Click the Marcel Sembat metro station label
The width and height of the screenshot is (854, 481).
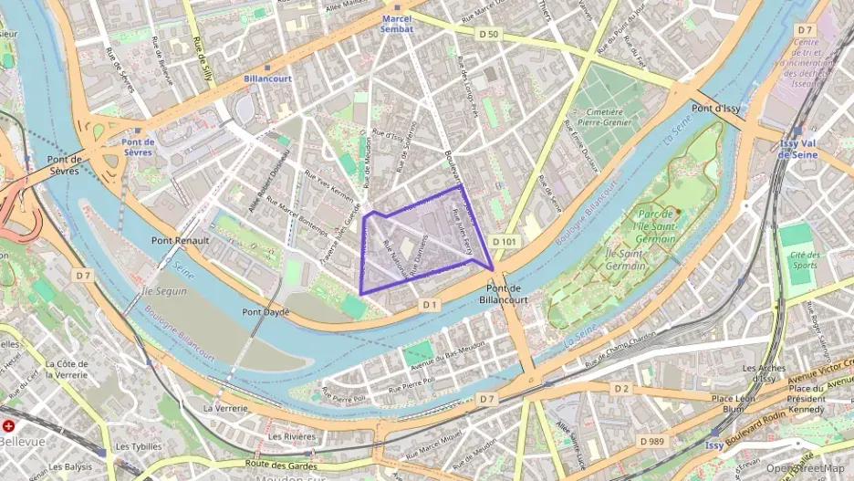click(x=397, y=24)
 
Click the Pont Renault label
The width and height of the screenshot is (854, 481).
click(x=180, y=240)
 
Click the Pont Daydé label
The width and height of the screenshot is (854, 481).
click(x=266, y=312)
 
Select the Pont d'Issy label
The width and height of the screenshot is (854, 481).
click(x=716, y=109)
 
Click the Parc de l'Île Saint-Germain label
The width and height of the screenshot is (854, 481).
click(x=657, y=225)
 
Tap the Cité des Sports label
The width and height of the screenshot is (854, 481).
click(x=803, y=261)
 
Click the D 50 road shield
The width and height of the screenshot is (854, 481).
click(x=490, y=34)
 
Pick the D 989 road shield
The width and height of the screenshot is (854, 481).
click(x=651, y=442)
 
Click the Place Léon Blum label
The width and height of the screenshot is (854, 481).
click(x=734, y=403)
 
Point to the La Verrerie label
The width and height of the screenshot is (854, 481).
click(x=225, y=408)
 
